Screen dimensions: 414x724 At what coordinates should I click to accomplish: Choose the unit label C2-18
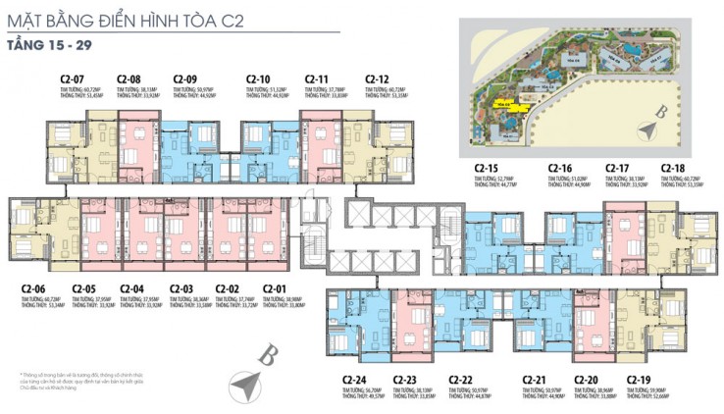point(674,168)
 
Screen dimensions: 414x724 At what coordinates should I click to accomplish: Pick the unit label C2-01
point(275,288)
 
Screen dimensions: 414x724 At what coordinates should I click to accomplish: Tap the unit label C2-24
point(354,380)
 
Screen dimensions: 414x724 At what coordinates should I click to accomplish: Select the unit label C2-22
point(461,380)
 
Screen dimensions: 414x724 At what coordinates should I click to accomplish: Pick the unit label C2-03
point(182,288)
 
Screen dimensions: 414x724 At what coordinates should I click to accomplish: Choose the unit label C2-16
point(560,168)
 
